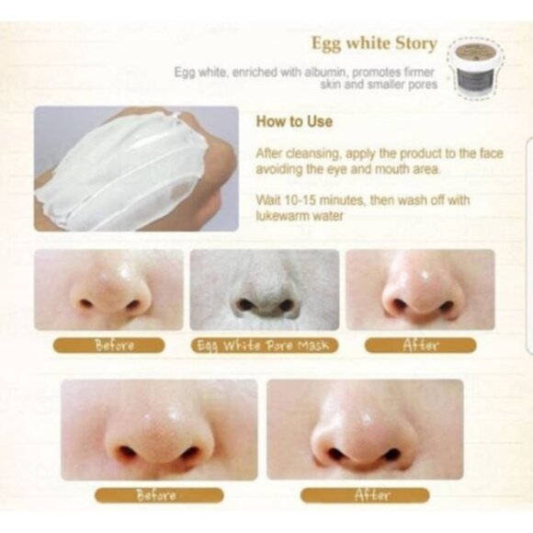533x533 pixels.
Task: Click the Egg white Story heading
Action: pos(373,43)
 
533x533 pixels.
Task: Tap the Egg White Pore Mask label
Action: pos(265,346)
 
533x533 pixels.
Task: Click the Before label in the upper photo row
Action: pos(115,346)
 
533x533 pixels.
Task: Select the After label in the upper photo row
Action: pos(419,346)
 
